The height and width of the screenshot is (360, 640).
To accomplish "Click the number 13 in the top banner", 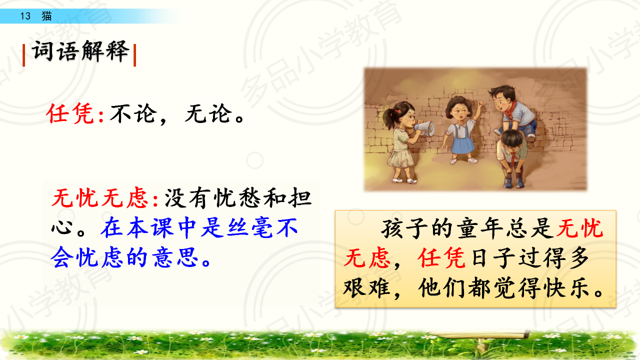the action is pyautogui.click(x=25, y=16).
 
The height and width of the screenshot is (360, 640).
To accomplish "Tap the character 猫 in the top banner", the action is pyautogui.click(x=46, y=16).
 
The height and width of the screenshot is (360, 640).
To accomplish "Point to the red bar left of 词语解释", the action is pyautogui.click(x=23, y=55).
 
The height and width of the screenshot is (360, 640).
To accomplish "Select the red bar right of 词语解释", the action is pyautogui.click(x=135, y=55).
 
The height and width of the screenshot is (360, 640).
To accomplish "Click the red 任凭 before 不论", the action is pyautogui.click(x=70, y=113).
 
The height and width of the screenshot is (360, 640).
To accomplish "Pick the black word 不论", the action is pyautogui.click(x=133, y=113).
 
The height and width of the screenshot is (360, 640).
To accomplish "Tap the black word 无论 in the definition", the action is pyautogui.click(x=208, y=113).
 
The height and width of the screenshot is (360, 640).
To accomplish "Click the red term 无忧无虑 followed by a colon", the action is pyautogui.click(x=100, y=197).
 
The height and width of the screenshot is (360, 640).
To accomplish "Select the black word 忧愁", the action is pyautogui.click(x=237, y=197).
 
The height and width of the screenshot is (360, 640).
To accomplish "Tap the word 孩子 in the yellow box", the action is pyautogui.click(x=405, y=228).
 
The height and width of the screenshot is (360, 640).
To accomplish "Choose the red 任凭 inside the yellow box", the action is pyautogui.click(x=441, y=258).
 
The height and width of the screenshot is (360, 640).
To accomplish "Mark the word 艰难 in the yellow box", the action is pyautogui.click(x=367, y=287).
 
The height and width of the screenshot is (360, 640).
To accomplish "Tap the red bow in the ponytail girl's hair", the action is pyautogui.click(x=398, y=111).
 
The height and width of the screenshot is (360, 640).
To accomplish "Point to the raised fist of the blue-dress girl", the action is pyautogui.click(x=480, y=104).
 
